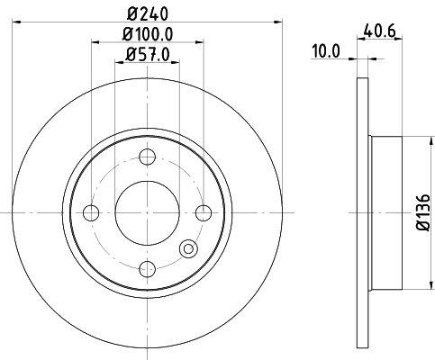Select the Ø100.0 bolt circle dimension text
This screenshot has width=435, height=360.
point(148,35)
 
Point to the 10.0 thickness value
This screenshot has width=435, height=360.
point(324,51)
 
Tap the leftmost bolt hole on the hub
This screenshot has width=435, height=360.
point(90,213)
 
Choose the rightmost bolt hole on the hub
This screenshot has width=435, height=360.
point(204,213)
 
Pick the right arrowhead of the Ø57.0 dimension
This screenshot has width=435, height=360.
point(174,64)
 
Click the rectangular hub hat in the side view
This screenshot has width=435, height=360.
point(385,212)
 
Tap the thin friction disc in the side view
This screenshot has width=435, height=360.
point(363,212)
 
